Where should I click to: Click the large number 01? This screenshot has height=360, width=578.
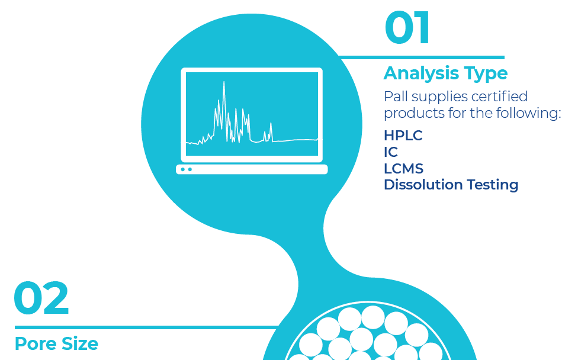(x=407, y=28)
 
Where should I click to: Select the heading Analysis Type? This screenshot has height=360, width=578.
(x=445, y=73)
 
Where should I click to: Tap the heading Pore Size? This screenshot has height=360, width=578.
(x=56, y=343)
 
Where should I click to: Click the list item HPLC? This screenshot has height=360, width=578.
(x=403, y=136)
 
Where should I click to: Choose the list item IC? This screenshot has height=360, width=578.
(x=390, y=152)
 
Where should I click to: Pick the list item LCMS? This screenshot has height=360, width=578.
(x=403, y=169)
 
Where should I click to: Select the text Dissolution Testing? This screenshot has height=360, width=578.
(x=451, y=185)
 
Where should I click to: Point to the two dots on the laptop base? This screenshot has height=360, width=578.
(x=186, y=169)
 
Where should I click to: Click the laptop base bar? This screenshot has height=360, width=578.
(x=252, y=169)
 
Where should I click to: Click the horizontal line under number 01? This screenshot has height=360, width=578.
(x=420, y=57)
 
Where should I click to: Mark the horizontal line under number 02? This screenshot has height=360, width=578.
(x=145, y=327)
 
